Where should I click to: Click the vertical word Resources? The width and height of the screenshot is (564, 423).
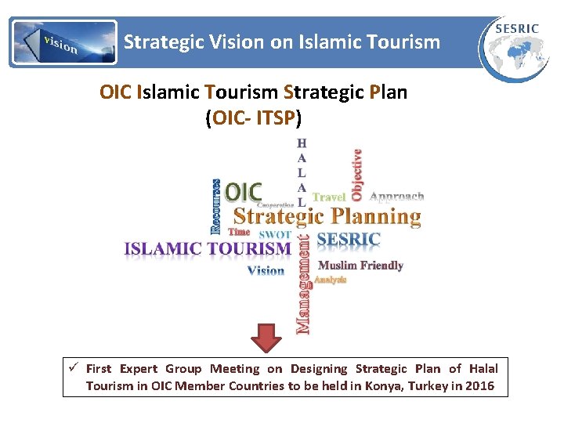tap(216, 207)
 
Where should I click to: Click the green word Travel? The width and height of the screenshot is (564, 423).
tap(329, 197)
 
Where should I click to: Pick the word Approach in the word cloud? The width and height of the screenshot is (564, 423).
tap(396, 197)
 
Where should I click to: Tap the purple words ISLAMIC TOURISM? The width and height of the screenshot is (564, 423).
tap(208, 249)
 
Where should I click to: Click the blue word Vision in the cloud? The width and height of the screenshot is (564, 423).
tap(266, 270)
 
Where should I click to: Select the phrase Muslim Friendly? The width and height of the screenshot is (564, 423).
tap(360, 266)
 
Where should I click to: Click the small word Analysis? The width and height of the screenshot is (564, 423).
tap(330, 280)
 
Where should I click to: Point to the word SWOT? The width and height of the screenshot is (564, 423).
tap(274, 233)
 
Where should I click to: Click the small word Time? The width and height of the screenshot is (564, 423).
tap(239, 232)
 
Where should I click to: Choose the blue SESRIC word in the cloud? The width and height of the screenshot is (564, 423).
tap(348, 239)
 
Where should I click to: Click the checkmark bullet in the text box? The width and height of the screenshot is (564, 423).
tap(72, 368)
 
